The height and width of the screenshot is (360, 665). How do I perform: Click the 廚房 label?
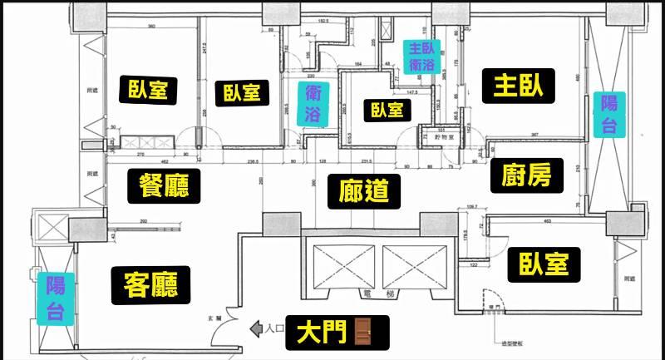coord(527,174)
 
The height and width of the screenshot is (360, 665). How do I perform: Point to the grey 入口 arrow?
coord(256,330)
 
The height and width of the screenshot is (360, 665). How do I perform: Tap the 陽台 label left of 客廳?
coord(55,297)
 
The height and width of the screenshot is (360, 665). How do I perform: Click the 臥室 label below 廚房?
coord(543,264)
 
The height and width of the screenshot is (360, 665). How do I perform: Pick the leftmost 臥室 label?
coord(153,89)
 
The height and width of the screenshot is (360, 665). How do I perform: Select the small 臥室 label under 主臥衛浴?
coord(387,109)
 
